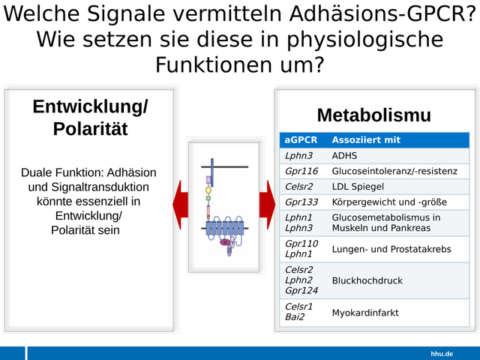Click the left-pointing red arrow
point(181,205)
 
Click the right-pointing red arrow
point(267,205)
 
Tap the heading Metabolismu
point(374,115)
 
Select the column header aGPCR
point(301,140)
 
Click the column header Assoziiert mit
point(366,140)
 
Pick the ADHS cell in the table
point(344,156)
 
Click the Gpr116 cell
point(301,171)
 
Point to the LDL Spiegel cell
point(358,187)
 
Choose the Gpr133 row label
point(301,202)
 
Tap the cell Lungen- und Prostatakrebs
point(391,249)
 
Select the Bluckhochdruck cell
point(367,280)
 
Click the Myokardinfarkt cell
point(365,313)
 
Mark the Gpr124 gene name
point(301,290)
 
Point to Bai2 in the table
point(295,316)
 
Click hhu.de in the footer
point(442,354)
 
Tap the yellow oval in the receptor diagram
point(208,190)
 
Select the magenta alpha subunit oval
point(225,242)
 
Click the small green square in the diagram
point(208,198)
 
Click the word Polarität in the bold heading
point(90,128)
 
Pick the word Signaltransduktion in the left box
point(100,187)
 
